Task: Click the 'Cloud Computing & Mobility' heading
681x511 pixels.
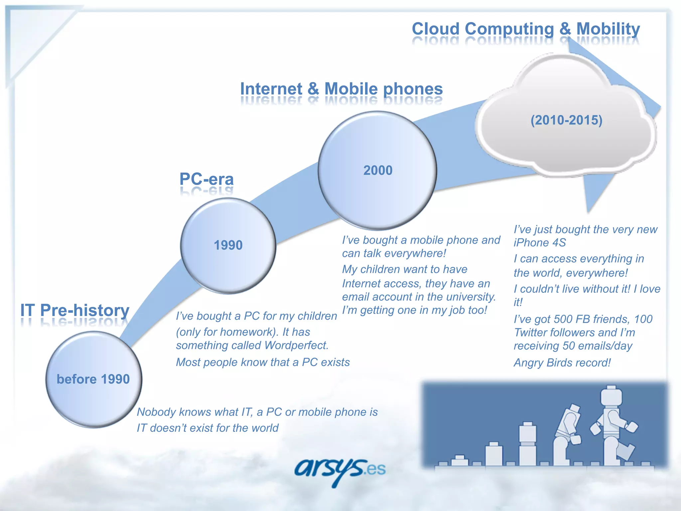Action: coord(525,29)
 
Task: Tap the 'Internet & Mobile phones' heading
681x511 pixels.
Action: coord(341,89)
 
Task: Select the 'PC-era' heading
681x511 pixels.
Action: coord(206,179)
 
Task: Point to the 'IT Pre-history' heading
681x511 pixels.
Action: coord(75,310)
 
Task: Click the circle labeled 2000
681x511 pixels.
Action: coord(377,170)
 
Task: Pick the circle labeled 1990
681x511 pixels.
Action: coord(228,246)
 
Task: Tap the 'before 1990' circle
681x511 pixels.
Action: coord(93,379)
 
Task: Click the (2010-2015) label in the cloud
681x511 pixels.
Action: coord(566,120)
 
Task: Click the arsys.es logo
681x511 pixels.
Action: coord(339,470)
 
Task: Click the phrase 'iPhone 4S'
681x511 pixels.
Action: coord(539,243)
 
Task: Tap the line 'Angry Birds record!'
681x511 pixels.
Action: coord(562,363)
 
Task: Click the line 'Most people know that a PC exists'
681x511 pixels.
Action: coord(263,362)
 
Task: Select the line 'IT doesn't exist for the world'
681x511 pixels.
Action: coord(207,428)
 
